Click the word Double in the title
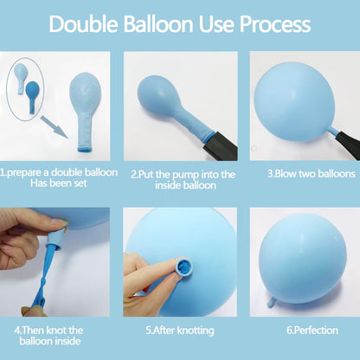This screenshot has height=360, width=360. [84, 23]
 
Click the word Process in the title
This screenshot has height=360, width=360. [275, 23]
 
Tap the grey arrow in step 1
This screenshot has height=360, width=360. [54, 127]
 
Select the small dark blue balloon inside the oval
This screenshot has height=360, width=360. [31, 96]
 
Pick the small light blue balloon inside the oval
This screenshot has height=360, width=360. [21, 77]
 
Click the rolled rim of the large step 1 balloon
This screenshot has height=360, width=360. [86, 150]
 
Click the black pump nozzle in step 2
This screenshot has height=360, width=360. [221, 146]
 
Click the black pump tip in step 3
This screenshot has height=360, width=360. [347, 145]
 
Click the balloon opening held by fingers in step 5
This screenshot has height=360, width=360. [183, 267]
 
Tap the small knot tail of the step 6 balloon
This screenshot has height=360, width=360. [272, 303]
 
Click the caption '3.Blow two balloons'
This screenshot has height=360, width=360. [312, 174]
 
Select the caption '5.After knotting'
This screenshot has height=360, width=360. [180, 331]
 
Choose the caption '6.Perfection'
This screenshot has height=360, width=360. [312, 331]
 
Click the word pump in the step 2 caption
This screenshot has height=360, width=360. [185, 175]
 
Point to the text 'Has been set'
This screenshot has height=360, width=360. [59, 183]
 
